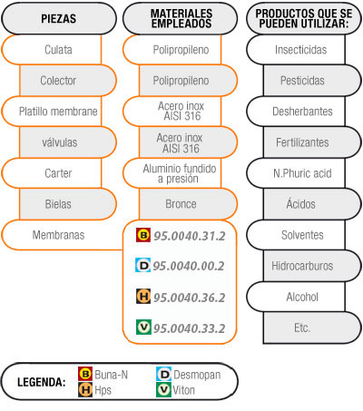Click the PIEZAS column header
click(x=59, y=18)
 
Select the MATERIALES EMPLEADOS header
click(x=181, y=18)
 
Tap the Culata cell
click(x=52, y=50)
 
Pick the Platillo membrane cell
click(x=52, y=112)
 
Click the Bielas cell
click(x=68, y=204)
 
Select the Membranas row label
click(x=58, y=235)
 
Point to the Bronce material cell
click(x=188, y=204)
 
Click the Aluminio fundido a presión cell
click(x=172, y=173)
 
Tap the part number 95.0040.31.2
click(x=190, y=236)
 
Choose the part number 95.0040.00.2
click(x=189, y=266)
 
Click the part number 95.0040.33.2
click(x=190, y=328)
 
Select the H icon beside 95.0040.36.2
click(x=143, y=297)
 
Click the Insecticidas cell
click(x=296, y=50)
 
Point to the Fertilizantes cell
click(x=312, y=142)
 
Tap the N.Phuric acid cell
click(x=296, y=173)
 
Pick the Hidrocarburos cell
click(x=312, y=266)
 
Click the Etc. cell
click(x=312, y=328)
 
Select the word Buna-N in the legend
click(x=111, y=375)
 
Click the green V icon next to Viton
click(x=163, y=390)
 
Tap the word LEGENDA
click(x=42, y=382)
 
